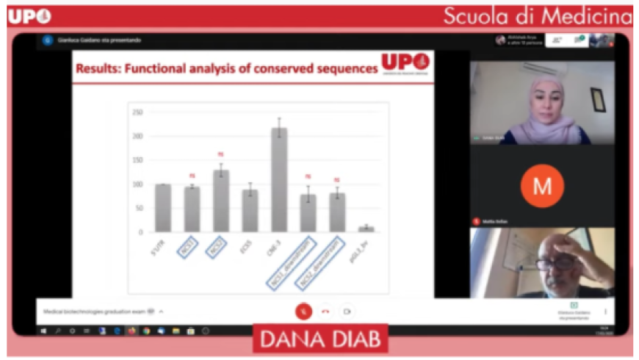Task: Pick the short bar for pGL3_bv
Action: [366, 229]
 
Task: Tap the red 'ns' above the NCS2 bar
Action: [221, 154]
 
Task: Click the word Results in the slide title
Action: [98, 71]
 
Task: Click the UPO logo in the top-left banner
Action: [30, 16]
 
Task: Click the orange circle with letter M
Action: [542, 186]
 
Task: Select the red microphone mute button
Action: [303, 311]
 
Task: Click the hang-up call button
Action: [325, 311]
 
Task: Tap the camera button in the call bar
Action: [347, 311]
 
